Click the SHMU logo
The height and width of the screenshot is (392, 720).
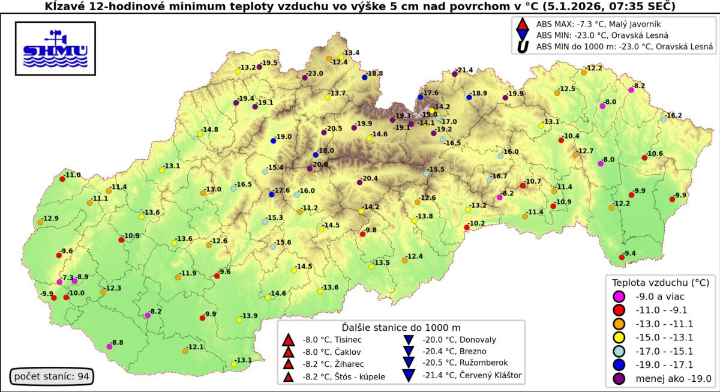tap(55, 49)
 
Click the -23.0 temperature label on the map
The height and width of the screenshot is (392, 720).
tap(315, 73)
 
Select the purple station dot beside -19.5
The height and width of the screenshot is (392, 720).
tap(259, 67)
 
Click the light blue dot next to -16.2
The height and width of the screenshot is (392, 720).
tap(664, 119)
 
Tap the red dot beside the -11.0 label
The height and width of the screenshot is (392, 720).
tap(62, 178)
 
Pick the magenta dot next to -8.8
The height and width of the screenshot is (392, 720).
tap(109, 346)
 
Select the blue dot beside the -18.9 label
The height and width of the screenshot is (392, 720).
tap(469, 97)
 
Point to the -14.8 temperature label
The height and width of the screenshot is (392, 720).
tap(210, 130)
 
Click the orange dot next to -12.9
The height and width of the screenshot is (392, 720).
tap(40, 222)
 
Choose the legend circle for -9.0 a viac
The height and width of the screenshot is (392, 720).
tap(620, 296)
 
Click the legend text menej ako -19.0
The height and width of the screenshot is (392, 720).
tap(671, 378)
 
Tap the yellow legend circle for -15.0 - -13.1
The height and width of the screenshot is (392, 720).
tap(620, 337)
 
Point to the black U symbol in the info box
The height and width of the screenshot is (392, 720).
tap(522, 46)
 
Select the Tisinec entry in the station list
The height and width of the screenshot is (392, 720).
tap(328, 339)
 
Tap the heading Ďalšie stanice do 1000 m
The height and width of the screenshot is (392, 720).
tap(401, 327)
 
